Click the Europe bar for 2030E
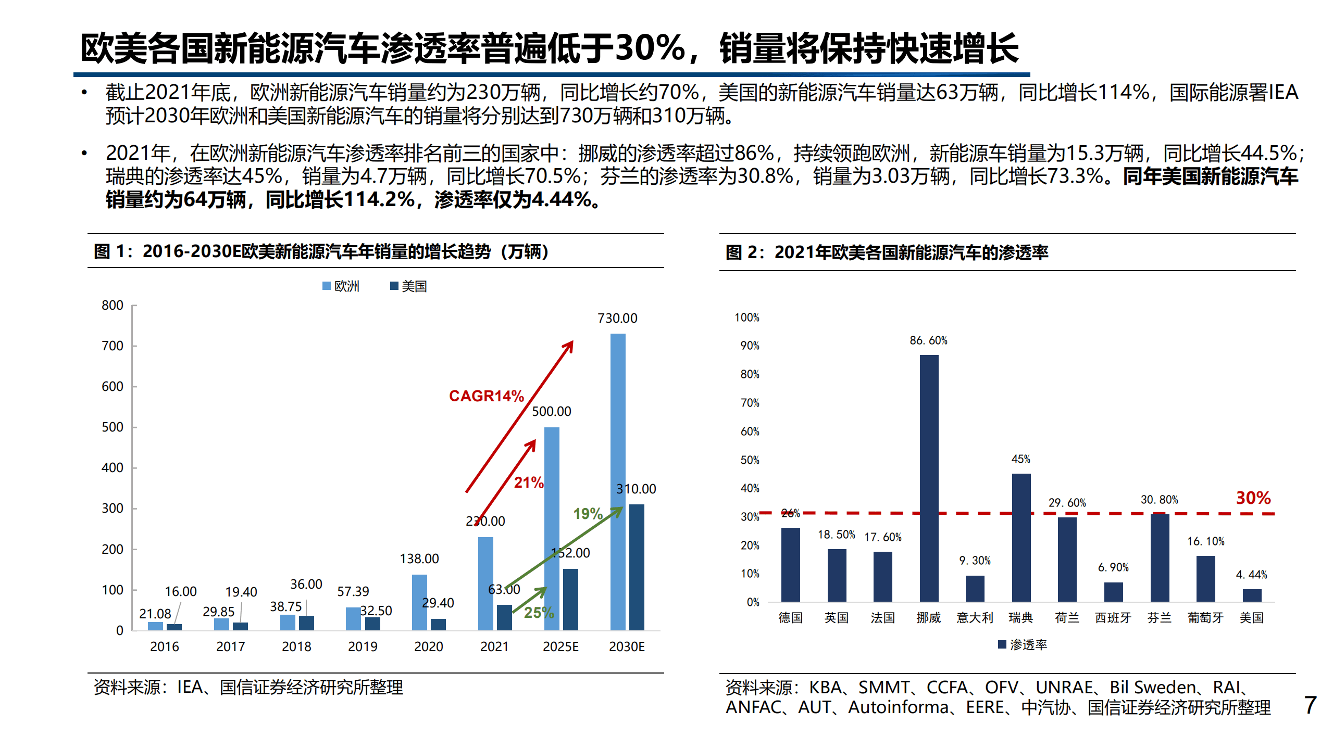[617, 481]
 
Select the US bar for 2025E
[570, 599]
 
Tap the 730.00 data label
[617, 318]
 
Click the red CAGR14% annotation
[486, 396]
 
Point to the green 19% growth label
[588, 514]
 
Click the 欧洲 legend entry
[341, 286]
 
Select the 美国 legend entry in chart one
[409, 286]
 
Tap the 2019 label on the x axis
[363, 646]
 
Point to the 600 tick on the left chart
[113, 386]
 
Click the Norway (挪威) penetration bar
[929, 478]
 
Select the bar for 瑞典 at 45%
[1021, 537]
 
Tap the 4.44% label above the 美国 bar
[1251, 575]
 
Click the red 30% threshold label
[1253, 498]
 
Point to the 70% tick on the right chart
[750, 403]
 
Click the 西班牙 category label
[1113, 618]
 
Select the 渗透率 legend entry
[1022, 645]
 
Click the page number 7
[1310, 705]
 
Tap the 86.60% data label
[928, 340]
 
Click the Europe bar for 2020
[419, 602]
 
